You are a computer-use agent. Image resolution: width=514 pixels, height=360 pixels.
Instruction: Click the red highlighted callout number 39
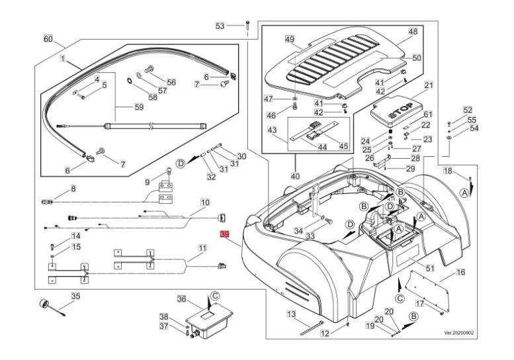pyautogui.click(x=224, y=234)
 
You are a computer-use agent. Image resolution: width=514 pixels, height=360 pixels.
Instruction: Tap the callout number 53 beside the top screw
pyautogui.click(x=220, y=26)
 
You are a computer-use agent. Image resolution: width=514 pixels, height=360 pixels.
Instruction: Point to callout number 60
pyautogui.click(x=48, y=39)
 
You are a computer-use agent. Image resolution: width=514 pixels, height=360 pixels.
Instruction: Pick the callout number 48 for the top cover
pyautogui.click(x=413, y=32)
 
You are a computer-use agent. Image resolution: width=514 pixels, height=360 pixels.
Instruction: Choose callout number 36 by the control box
pyautogui.click(x=181, y=300)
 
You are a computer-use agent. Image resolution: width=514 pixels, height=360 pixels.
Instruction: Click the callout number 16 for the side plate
pyautogui.click(x=461, y=272)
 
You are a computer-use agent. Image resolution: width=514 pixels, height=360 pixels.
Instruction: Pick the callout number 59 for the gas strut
pyautogui.click(x=139, y=107)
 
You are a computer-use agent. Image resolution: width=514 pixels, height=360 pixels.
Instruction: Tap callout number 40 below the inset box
pyautogui.click(x=295, y=177)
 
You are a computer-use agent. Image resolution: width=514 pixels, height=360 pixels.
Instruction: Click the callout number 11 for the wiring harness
pyautogui.click(x=202, y=247)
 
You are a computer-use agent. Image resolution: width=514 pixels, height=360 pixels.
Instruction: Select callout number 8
pyautogui.click(x=73, y=189)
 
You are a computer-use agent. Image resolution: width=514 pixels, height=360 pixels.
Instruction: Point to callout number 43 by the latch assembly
pyautogui.click(x=292, y=131)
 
